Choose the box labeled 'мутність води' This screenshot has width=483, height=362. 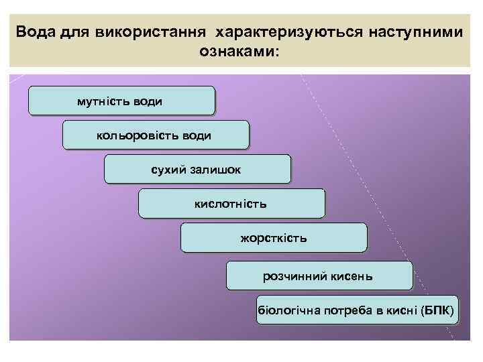pyautogui.click(x=121, y=101)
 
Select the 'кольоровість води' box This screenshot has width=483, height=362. pyautogui.click(x=155, y=135)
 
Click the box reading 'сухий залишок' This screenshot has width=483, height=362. pyautogui.click(x=197, y=169)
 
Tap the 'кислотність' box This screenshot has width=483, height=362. pyautogui.click(x=231, y=203)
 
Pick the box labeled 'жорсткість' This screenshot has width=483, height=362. pyautogui.click(x=274, y=237)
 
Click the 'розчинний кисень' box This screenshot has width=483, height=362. pyautogui.click(x=319, y=276)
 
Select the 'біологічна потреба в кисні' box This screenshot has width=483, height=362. pyautogui.click(x=358, y=311)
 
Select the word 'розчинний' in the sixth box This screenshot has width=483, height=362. pyautogui.click(x=295, y=276)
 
